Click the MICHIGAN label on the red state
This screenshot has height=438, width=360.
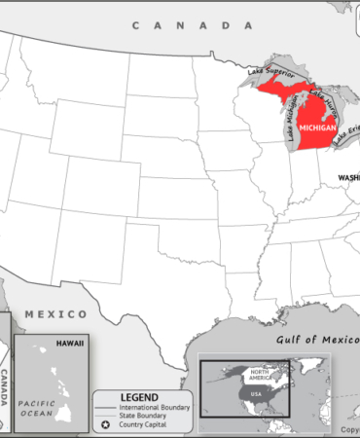320,128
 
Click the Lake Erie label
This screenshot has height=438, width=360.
345,134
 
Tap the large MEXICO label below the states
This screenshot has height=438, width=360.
56,314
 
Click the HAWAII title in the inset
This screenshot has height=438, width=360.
69,344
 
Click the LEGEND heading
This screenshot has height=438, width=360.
138,396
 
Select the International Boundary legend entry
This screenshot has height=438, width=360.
156,406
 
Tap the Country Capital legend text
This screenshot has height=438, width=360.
147,425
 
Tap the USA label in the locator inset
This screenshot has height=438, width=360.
258,394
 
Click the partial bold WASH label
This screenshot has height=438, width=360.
348,177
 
